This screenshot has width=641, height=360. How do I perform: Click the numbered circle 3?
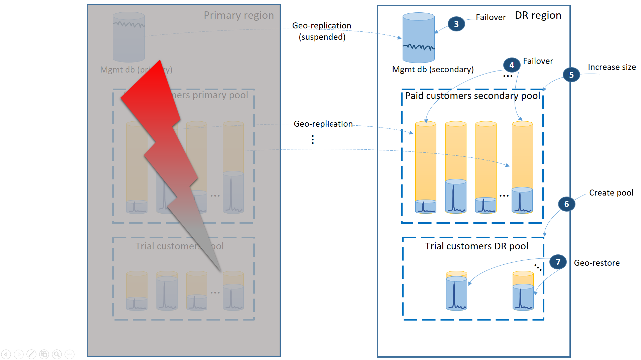[456, 24]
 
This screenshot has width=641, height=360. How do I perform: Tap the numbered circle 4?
[511, 65]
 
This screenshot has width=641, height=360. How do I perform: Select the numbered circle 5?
[571, 75]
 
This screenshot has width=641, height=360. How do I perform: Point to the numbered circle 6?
[566, 204]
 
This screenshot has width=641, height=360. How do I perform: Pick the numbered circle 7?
[558, 262]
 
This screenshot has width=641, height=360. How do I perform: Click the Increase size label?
[612, 67]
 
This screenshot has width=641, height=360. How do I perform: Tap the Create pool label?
[611, 193]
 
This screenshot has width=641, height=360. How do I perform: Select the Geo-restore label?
[597, 263]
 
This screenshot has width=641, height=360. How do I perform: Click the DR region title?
[538, 15]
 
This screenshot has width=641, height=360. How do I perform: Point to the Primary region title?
[238, 15]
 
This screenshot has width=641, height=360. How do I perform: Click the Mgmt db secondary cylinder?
[418, 38]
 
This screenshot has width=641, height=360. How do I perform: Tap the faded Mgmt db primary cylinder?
[129, 37]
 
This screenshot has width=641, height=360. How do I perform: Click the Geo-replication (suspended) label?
[322, 31]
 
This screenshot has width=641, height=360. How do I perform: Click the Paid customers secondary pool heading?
[472, 96]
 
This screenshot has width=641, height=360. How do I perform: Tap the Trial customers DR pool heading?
[476, 246]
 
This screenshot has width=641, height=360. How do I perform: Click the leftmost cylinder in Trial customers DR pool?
[456, 291]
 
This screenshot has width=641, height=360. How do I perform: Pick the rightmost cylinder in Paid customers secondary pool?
[522, 167]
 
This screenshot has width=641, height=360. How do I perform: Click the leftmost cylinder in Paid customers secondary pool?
[426, 167]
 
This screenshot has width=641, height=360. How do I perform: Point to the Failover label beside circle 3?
[491, 17]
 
